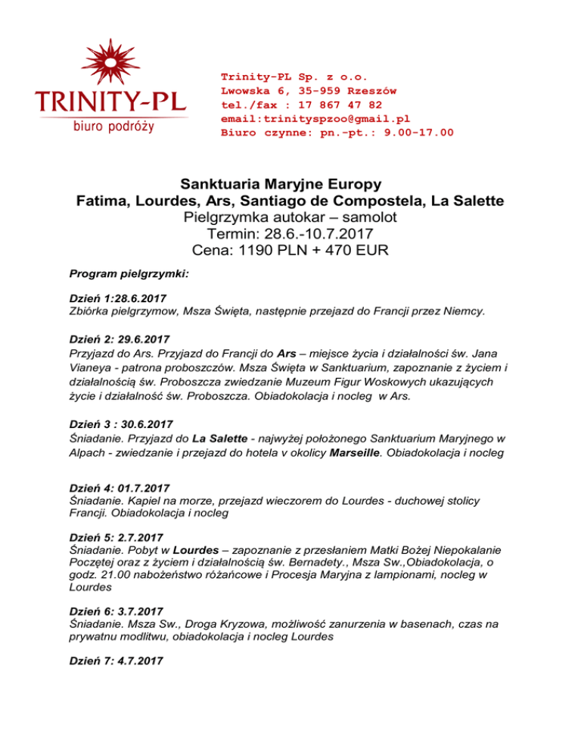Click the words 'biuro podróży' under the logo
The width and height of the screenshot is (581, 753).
(x=113, y=127)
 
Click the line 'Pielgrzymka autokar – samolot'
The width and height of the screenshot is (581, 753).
(x=291, y=219)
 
